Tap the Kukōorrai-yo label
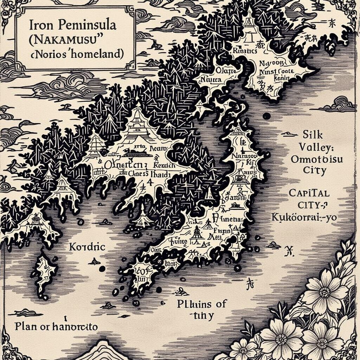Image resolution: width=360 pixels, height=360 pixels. (304, 217)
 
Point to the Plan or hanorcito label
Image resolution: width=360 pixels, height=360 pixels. (56, 327)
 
